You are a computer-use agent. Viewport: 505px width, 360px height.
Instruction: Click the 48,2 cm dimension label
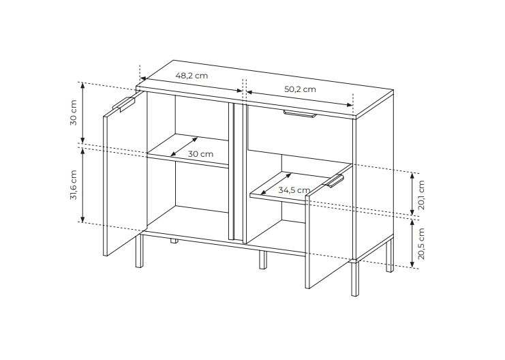click(192, 76)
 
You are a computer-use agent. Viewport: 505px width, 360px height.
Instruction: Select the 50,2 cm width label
click(300, 89)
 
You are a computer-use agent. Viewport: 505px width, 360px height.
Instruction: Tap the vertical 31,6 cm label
click(74, 185)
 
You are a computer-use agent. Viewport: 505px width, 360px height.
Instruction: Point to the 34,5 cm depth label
click(294, 190)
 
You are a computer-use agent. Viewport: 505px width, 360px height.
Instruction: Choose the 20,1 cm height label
click(422, 195)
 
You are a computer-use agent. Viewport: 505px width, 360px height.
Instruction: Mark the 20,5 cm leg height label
click(422, 243)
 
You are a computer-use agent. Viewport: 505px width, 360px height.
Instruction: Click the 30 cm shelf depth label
click(200, 154)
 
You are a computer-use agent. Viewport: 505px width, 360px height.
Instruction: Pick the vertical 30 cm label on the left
click(74, 112)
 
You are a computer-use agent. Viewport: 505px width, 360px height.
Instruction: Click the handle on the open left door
click(124, 104)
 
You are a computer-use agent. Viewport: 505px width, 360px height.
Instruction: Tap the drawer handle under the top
click(300, 114)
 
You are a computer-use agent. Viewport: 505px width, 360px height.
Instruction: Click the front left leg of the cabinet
click(139, 251)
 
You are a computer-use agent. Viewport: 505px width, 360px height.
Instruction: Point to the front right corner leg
click(355, 278)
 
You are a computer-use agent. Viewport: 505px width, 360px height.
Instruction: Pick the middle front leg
click(263, 260)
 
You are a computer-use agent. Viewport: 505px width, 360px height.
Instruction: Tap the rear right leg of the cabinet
click(390, 255)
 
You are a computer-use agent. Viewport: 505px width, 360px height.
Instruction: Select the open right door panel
click(328, 226)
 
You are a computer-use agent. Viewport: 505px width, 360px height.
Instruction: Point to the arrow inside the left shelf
click(184, 147)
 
